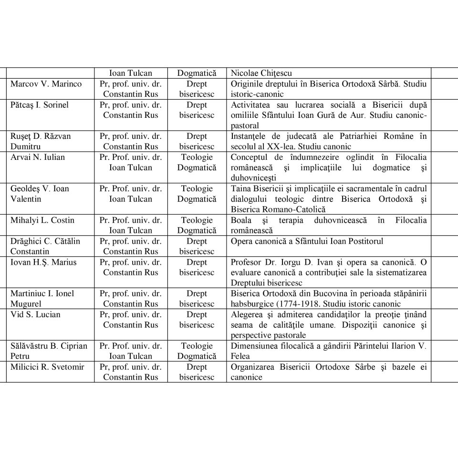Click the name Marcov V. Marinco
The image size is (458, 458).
[x=46, y=84]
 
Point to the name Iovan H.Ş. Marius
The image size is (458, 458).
[x=43, y=262]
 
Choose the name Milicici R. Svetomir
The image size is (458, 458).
[x=47, y=367]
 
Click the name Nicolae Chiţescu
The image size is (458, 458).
[x=261, y=73]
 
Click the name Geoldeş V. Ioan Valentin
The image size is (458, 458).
[x=40, y=194]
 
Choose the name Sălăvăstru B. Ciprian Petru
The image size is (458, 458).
[x=49, y=351]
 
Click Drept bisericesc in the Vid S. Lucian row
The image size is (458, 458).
[x=197, y=320]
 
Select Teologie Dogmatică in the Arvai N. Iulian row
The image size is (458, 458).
[x=197, y=162]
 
